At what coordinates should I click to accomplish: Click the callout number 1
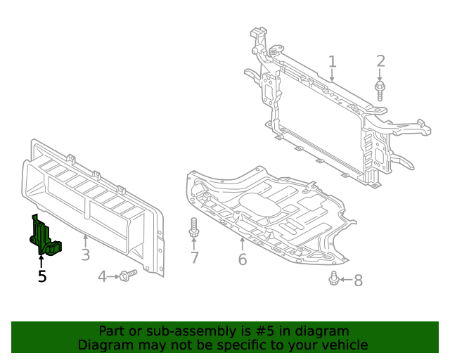pos(332,62)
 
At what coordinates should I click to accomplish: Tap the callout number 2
pos(380,61)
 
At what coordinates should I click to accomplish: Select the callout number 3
pos(85,255)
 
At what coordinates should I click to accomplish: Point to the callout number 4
pos(102,277)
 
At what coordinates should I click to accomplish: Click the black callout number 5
pos(42,277)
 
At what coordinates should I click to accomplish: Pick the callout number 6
pos(242,259)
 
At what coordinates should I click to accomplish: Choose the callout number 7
pos(195,258)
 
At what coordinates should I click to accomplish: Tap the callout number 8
pos(358,281)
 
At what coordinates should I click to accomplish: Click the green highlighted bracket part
pos(45,238)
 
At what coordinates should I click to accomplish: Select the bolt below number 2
pos(380,91)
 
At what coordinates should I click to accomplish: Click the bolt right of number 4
pos(128,276)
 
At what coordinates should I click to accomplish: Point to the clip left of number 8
pos(334,279)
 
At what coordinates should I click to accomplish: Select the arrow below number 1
pos(332,75)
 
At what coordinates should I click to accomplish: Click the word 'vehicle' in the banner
pos(344,345)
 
